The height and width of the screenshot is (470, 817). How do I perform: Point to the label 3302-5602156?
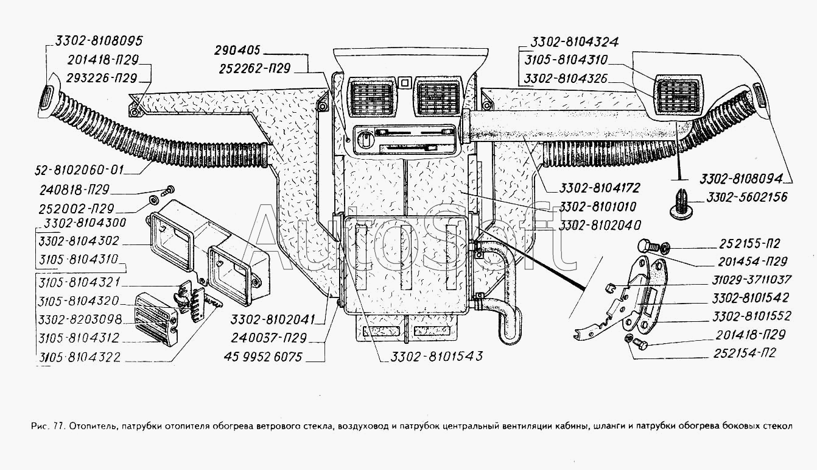click(746, 197)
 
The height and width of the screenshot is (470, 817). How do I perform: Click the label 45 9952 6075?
click(266, 357)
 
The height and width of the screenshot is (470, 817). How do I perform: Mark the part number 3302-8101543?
click(433, 357)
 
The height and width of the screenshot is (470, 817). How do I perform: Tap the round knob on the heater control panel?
click(370, 135)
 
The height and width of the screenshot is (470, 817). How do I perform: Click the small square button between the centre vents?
click(404, 80)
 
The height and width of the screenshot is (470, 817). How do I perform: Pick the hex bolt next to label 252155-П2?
click(647, 247)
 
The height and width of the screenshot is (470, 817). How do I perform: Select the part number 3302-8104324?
click(575, 42)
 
